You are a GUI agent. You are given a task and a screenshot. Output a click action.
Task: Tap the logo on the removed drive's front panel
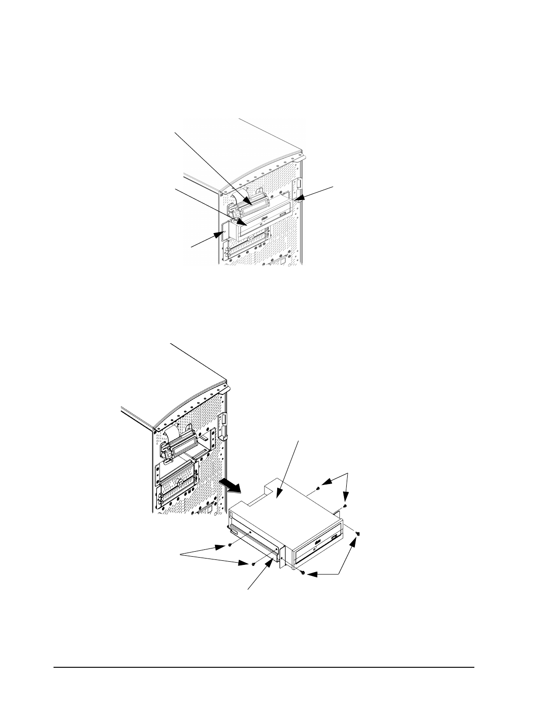317,542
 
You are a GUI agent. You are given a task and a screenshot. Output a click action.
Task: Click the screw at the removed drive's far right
358,533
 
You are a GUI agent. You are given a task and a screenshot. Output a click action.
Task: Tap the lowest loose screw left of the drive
253,564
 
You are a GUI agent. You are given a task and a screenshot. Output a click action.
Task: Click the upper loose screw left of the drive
230,545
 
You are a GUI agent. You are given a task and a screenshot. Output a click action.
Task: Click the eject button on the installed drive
286,213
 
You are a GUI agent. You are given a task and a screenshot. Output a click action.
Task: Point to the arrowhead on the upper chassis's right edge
298,198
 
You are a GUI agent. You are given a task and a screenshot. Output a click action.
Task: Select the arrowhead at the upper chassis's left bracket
220,235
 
